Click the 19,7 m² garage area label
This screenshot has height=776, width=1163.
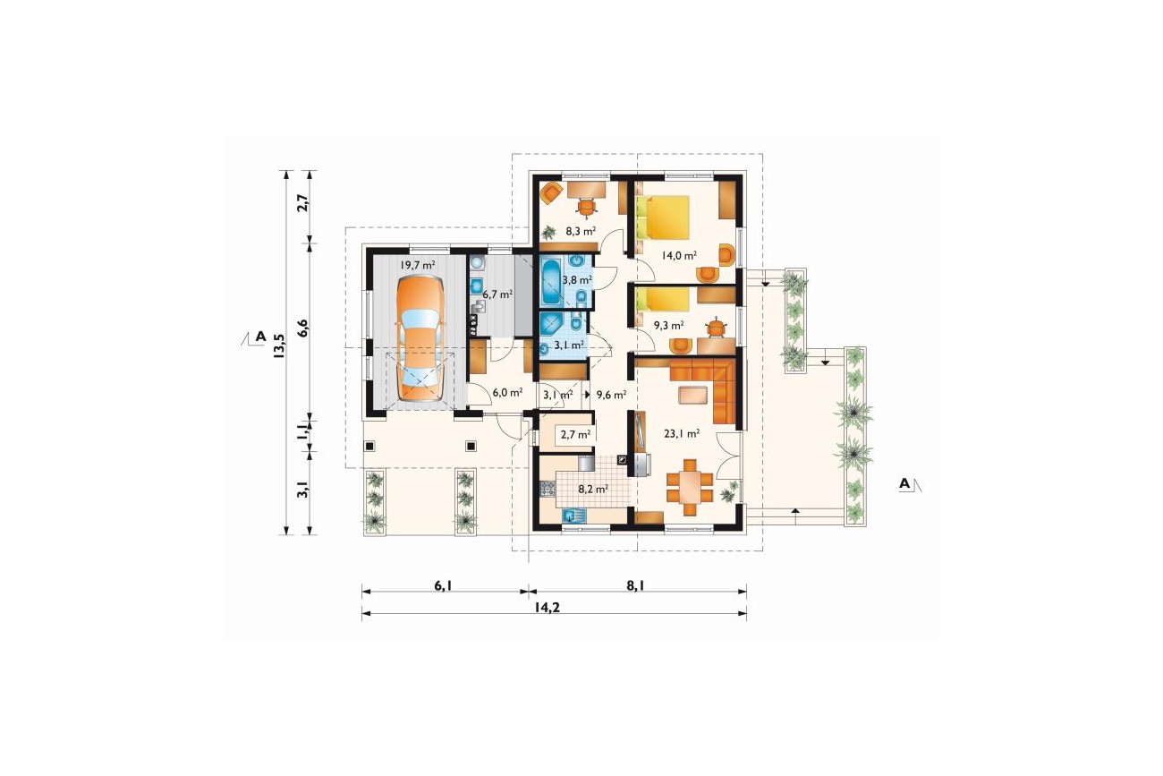(x=418, y=265)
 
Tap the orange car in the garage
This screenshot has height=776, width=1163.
(x=420, y=338)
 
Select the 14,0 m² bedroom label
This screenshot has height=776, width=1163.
(x=679, y=255)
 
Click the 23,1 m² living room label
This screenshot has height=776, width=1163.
(x=682, y=433)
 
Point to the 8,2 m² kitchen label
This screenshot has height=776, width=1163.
(x=593, y=489)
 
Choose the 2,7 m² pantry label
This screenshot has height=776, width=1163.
(x=576, y=434)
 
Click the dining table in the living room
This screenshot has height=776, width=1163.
(x=690, y=487)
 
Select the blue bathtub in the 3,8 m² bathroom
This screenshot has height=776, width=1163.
(x=550, y=282)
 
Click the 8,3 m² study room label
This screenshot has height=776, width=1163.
(x=581, y=232)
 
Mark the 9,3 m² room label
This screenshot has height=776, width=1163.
(x=669, y=326)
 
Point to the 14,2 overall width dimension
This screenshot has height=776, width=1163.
(x=548, y=607)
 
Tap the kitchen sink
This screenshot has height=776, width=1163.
(x=574, y=516)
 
